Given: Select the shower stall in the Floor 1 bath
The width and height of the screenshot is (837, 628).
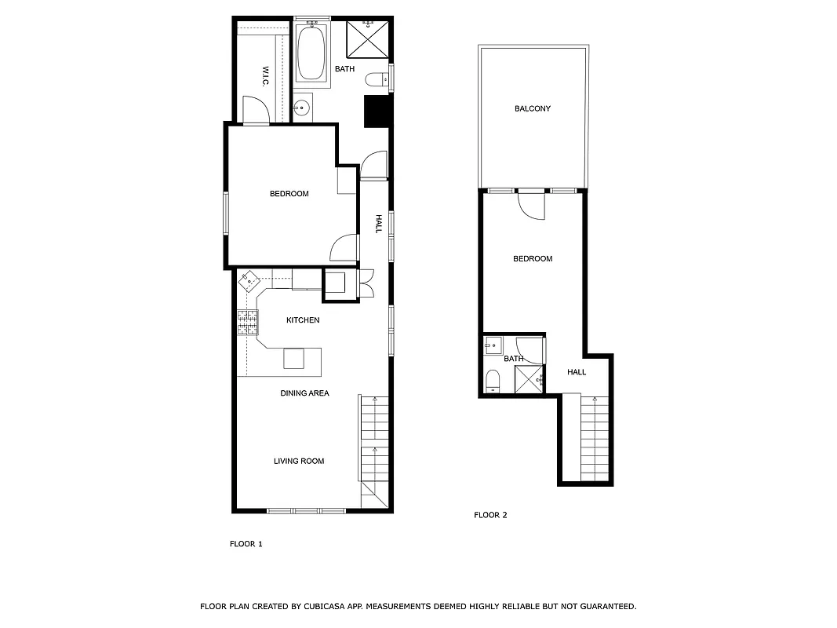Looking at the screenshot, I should (367, 37).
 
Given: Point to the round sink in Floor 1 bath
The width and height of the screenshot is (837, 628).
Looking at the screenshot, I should (301, 108).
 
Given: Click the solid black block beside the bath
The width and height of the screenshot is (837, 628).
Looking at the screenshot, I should (377, 111).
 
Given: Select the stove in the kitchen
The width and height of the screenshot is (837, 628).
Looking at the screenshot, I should (248, 323).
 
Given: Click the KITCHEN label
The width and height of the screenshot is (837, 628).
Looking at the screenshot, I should (302, 320).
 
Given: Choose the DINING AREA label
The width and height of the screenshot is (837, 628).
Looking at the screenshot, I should (304, 392).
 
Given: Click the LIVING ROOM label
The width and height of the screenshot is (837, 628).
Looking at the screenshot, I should (299, 461).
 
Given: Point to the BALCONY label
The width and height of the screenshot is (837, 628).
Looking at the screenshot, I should (532, 108).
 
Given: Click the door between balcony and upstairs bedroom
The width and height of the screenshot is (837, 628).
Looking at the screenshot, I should (532, 204).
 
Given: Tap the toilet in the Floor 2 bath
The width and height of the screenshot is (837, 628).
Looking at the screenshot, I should (492, 381).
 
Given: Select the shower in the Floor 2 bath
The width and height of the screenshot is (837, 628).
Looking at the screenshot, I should (529, 380).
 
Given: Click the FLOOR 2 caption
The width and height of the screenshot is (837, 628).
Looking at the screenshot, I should (490, 515).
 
